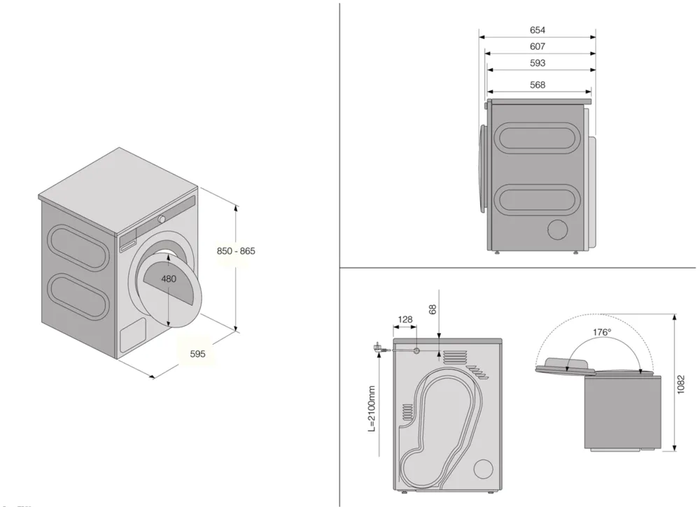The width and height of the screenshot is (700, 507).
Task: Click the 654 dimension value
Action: [538, 30]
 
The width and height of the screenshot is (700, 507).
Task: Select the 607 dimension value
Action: [538, 47]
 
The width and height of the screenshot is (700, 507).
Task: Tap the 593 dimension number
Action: [538, 64]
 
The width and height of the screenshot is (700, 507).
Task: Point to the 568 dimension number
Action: [538, 85]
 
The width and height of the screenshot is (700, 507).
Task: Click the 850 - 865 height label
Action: [236, 251]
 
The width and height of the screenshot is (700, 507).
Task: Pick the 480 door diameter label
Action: [168, 278]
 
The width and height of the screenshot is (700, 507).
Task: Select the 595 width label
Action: [197, 354]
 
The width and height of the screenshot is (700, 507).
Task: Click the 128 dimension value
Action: [405, 320]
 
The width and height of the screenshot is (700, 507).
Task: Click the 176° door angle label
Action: [601, 332]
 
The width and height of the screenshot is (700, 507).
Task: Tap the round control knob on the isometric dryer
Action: [162, 219]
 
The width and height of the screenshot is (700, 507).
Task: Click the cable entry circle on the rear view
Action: [416, 350]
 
